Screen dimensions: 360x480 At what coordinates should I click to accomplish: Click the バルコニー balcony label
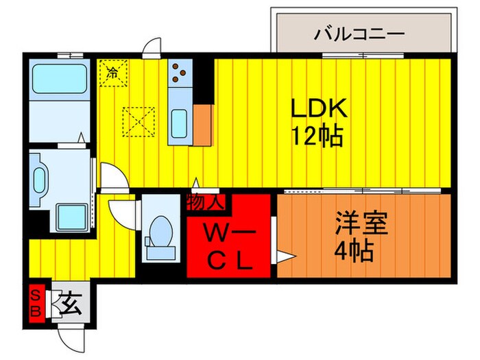[359, 33]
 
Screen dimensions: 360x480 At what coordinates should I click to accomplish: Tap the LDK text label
[320, 108]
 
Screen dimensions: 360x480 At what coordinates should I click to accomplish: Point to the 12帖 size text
[320, 136]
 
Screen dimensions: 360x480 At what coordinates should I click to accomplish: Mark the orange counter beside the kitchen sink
[202, 125]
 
